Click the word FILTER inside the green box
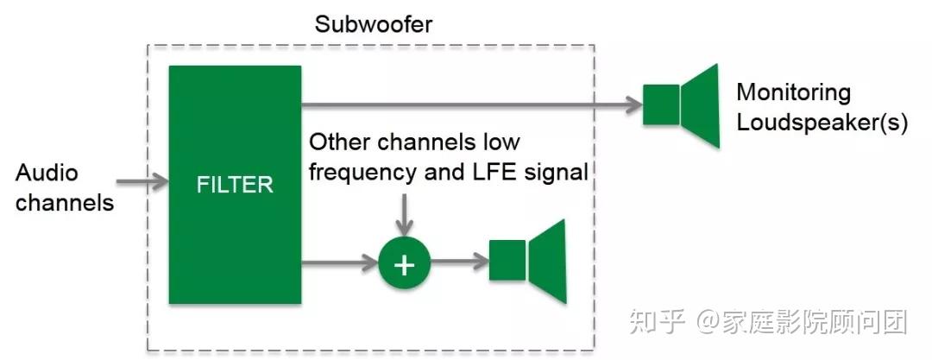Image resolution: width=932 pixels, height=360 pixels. click(x=234, y=184)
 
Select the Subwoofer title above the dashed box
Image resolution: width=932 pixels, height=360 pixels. click(x=373, y=23)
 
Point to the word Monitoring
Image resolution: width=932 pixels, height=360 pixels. click(x=792, y=92)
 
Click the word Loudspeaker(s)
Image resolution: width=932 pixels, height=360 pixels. click(x=821, y=123)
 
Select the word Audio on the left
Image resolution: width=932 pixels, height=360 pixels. click(x=47, y=173)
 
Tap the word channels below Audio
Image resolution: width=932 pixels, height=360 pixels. click(x=65, y=203)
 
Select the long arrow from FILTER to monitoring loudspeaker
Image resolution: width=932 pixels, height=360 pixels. click(x=470, y=105)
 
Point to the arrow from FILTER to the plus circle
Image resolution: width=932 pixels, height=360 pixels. click(x=339, y=262)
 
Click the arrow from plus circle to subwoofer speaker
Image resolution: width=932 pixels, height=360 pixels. click(x=457, y=262)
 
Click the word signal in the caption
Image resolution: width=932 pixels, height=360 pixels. click(x=559, y=172)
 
